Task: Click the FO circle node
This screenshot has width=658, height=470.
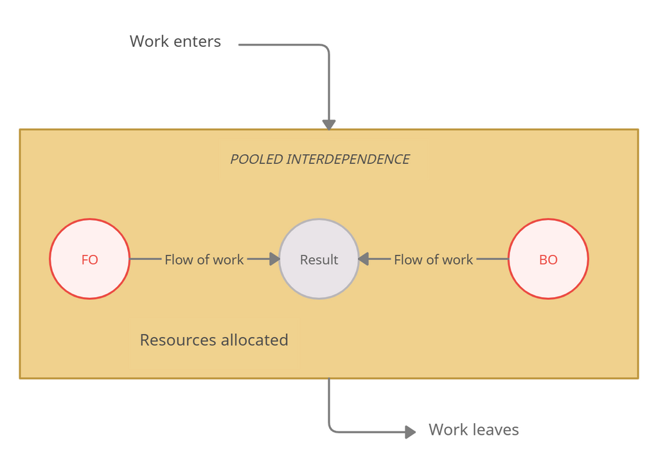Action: coord(90,259)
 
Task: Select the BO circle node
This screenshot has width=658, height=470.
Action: coord(548,259)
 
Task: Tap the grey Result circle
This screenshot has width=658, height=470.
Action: coord(319,259)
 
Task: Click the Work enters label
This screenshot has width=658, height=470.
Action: coord(175,42)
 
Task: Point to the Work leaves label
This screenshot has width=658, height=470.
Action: coord(474,430)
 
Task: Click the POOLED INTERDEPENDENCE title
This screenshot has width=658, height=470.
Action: coord(320,159)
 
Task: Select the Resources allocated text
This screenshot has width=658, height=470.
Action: coord(214,340)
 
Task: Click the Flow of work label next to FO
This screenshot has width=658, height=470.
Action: coord(204,259)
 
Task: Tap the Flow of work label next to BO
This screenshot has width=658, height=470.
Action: coord(433,259)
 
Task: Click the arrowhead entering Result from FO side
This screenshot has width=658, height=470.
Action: coord(274,259)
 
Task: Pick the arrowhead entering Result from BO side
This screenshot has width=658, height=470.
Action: coord(364,259)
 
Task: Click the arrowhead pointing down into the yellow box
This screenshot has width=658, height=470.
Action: coord(329,124)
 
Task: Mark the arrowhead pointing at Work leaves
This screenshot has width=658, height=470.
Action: coord(410,432)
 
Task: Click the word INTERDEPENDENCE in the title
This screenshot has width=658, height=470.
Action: coord(348,159)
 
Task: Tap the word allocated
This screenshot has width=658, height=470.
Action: coord(254,340)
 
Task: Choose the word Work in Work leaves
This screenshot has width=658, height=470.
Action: coord(448,430)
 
